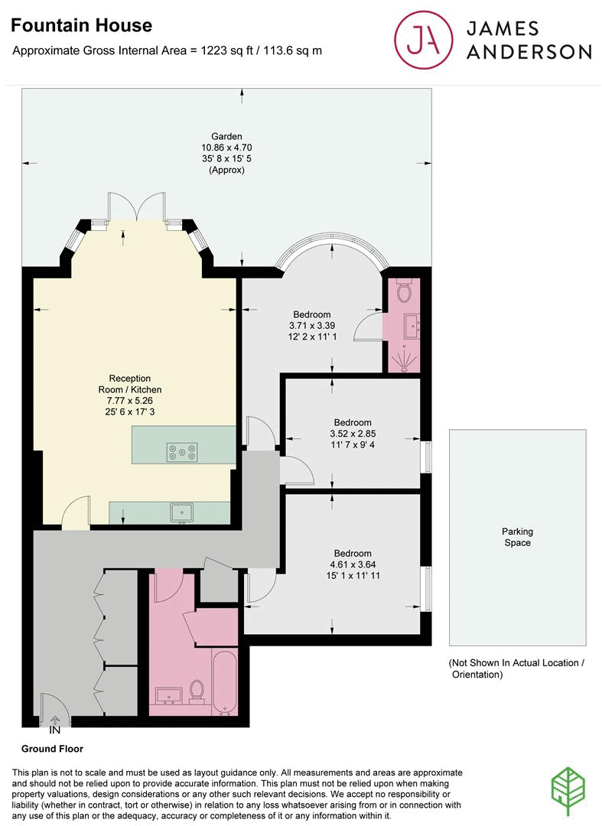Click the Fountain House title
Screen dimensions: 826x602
pyautogui.click(x=82, y=26)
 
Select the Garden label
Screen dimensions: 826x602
pyautogui.click(x=226, y=137)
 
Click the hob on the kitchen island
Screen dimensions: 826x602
pyautogui.click(x=183, y=452)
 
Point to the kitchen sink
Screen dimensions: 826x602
pyautogui.click(x=182, y=512)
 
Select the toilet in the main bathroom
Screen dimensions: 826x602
pyautogui.click(x=197, y=691)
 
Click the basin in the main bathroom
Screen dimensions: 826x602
pyautogui.click(x=168, y=695)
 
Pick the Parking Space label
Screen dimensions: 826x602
pyautogui.click(x=518, y=537)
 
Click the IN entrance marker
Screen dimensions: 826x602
pyautogui.click(x=55, y=730)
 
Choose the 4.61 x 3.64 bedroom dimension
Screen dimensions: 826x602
pyautogui.click(x=353, y=566)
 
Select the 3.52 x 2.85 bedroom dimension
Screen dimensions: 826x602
pyautogui.click(x=353, y=434)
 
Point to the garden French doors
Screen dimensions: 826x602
pyautogui.click(x=137, y=207)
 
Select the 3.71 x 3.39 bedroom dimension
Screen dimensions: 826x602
pyautogui.click(x=312, y=326)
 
